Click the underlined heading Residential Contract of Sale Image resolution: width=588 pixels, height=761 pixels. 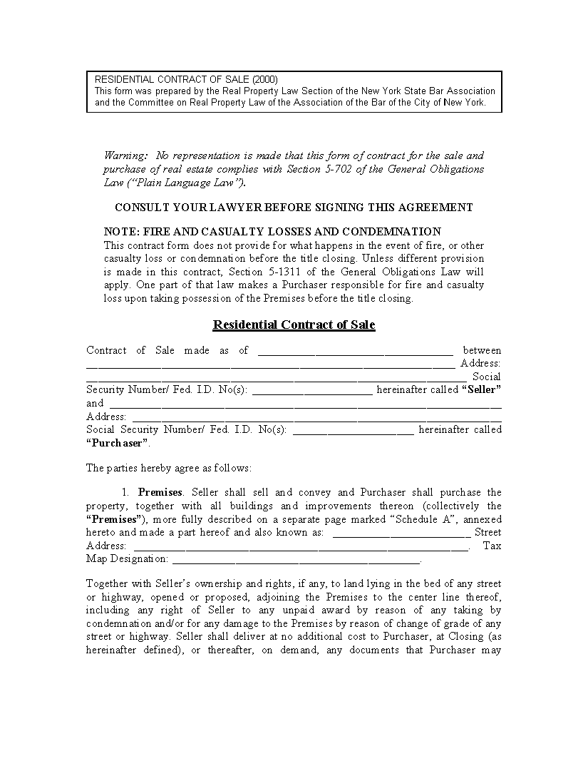click(294, 325)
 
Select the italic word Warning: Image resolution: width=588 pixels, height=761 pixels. click(126, 155)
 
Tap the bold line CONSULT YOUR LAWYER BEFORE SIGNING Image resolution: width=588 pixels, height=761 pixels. click(294, 208)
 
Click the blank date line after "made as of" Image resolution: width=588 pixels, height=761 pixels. click(355, 351)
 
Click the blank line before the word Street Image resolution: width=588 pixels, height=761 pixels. click(401, 533)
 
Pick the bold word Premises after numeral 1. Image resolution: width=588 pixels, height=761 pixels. click(160, 492)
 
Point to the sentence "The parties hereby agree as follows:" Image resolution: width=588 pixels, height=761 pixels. click(169, 469)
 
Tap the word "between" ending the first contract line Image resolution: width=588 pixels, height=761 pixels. click(482, 350)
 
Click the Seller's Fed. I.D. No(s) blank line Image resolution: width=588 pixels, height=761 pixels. click(312, 390)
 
